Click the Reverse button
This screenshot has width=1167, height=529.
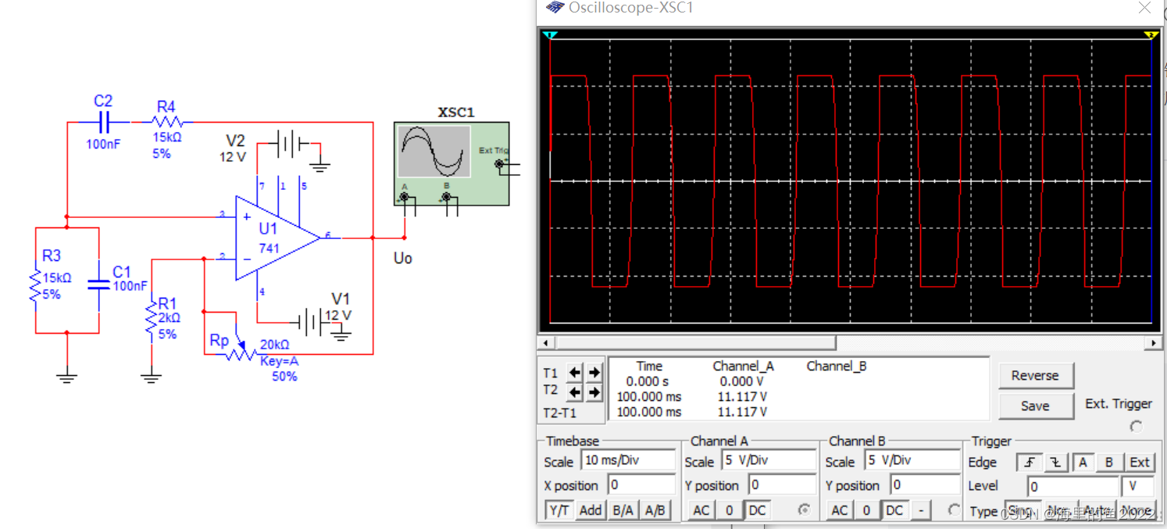(x=1035, y=376)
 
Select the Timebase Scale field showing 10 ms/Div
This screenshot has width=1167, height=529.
(x=628, y=460)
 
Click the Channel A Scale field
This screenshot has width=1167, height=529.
(x=768, y=460)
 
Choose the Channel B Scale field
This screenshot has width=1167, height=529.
(x=912, y=460)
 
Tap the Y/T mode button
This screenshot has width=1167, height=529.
(x=559, y=510)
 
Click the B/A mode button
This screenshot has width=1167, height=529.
(x=623, y=510)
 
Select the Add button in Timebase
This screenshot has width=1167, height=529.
(x=591, y=510)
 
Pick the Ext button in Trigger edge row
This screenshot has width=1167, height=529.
(x=1140, y=462)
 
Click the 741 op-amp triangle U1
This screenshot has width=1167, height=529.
(x=273, y=238)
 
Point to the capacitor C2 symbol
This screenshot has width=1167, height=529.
(x=103, y=122)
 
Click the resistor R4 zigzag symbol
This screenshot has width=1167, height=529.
(x=167, y=122)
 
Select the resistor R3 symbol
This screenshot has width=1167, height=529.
(x=36, y=286)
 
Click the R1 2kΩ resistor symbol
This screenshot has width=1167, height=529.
(x=152, y=321)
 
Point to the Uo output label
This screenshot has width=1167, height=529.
(x=402, y=259)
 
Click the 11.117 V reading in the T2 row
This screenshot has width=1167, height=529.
(x=741, y=397)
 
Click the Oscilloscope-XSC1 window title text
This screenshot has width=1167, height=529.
(x=630, y=8)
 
